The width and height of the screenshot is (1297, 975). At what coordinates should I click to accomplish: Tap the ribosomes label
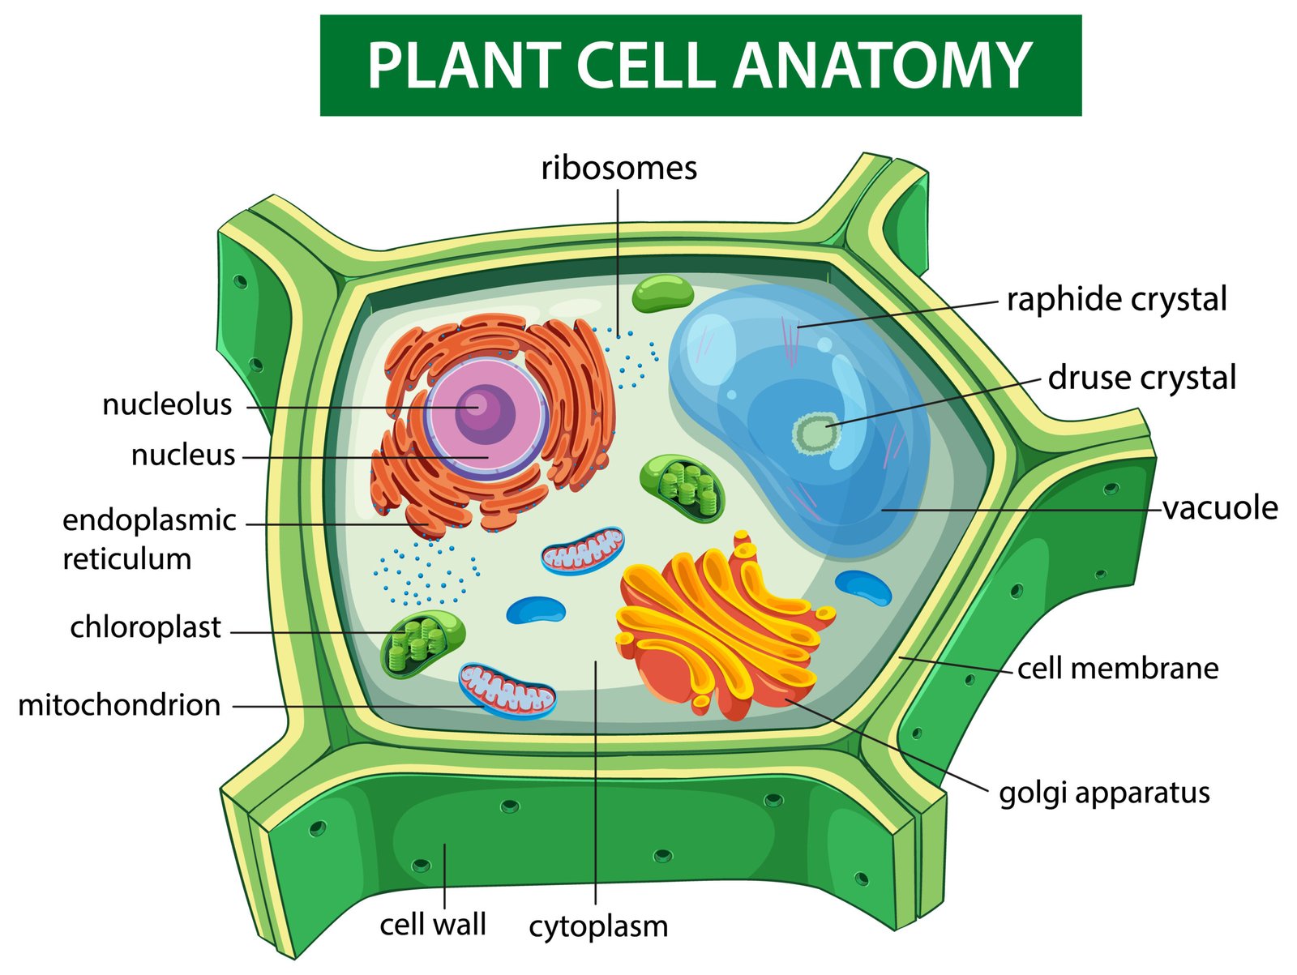[619, 169]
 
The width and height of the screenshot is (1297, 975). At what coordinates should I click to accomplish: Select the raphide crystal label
[1116, 300]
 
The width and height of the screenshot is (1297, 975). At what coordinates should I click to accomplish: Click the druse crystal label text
[1141, 378]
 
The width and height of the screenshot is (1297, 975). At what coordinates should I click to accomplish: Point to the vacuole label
[1220, 508]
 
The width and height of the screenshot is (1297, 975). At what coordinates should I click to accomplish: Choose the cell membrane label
[1118, 669]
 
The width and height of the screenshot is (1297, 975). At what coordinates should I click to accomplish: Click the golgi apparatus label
[1104, 793]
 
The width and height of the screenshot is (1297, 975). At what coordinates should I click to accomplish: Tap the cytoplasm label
[598, 926]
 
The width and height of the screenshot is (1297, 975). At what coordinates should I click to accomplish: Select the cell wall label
[433, 925]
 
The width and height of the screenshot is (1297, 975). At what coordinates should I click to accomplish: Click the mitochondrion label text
[119, 705]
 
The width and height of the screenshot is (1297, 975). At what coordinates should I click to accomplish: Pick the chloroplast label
[145, 627]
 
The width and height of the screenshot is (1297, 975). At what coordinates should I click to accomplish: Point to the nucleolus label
[167, 404]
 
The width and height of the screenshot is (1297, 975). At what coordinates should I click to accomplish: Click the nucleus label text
[183, 455]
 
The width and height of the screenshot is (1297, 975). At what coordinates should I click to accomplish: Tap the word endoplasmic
[149, 520]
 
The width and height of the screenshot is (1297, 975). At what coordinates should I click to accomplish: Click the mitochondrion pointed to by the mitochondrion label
[507, 691]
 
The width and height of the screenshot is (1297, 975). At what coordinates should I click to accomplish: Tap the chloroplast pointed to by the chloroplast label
[422, 643]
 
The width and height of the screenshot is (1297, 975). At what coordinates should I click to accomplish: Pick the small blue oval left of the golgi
[535, 609]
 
